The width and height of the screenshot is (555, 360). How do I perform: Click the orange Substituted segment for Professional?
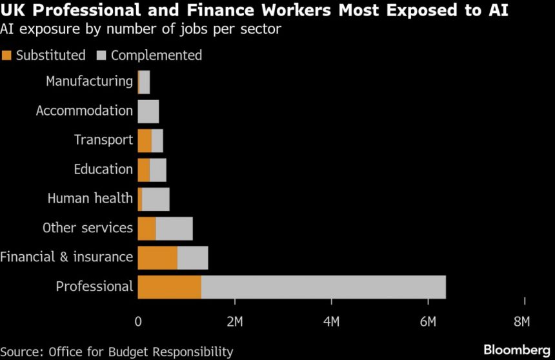coord(169,286)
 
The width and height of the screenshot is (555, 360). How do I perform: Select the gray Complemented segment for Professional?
coord(323,286)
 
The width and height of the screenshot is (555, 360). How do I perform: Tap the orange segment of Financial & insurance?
coord(157,257)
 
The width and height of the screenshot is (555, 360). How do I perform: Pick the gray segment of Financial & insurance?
coord(192,257)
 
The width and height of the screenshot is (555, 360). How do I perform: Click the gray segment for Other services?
coord(174,228)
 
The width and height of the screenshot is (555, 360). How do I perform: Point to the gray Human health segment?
coord(156,199)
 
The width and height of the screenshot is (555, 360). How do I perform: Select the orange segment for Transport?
coord(145,140)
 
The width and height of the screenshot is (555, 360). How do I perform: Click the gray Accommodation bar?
coord(148,111)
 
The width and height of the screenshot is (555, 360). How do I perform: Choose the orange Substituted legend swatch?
coord(6,55)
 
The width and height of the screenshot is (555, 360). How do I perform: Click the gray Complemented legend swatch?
coord(101,55)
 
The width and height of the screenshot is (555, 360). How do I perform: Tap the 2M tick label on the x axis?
coord(235,321)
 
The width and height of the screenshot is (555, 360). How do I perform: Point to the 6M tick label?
coord(428,321)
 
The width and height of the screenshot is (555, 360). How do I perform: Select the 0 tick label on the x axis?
coord(138,321)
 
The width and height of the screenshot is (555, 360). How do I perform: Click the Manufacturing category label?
coord(89,81)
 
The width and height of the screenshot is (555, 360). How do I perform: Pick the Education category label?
coord(103,169)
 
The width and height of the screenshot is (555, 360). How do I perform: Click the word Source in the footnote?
coord(23,352)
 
